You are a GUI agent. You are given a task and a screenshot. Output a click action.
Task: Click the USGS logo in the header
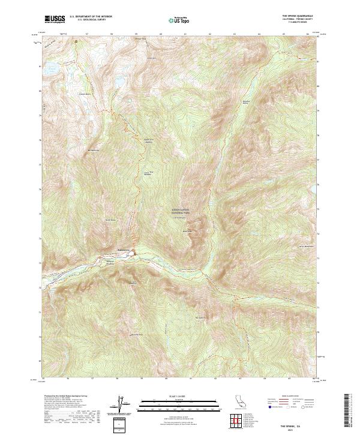point(55,19)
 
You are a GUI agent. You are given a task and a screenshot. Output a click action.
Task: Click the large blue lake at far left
point(51,70)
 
